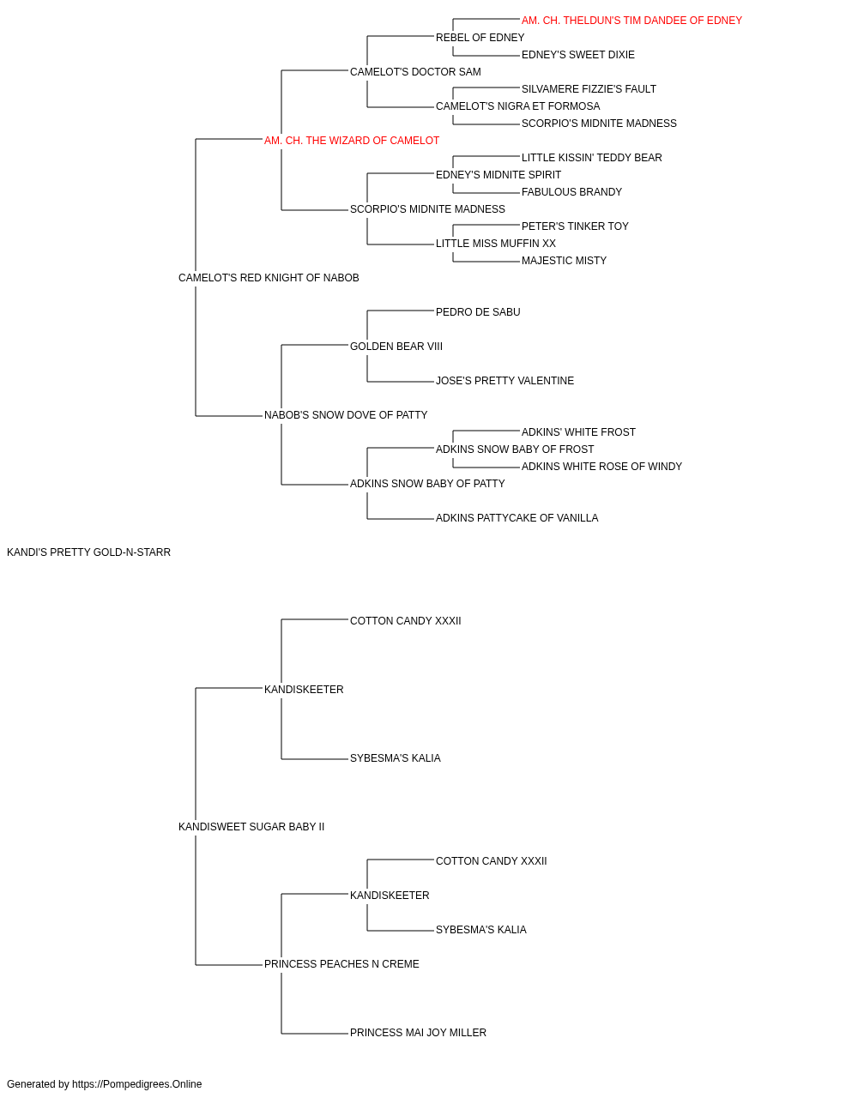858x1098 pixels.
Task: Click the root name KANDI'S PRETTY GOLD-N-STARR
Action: (89, 552)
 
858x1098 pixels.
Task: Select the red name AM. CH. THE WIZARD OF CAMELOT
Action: (352, 141)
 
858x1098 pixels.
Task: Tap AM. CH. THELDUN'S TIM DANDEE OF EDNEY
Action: (631, 21)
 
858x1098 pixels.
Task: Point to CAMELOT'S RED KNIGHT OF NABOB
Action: (269, 278)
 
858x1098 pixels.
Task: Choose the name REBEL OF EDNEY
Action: (480, 38)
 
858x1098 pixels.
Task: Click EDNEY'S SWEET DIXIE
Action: (578, 55)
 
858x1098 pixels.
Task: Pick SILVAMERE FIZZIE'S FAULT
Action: (589, 89)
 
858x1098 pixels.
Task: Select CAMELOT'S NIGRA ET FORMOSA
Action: (518, 106)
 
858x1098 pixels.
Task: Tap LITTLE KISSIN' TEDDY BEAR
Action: (592, 158)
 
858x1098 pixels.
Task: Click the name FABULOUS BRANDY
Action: (571, 192)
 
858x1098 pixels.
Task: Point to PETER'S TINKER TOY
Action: (575, 226)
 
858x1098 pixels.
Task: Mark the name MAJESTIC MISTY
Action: (564, 261)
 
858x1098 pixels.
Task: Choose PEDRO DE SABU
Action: (478, 312)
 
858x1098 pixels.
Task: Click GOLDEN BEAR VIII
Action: (396, 347)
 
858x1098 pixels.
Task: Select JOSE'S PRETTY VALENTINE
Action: (505, 381)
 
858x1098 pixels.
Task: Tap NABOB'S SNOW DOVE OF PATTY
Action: (346, 415)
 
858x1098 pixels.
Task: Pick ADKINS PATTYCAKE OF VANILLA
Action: (517, 518)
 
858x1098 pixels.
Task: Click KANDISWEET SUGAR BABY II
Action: (251, 827)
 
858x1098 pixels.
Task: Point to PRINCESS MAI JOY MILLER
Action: (418, 1033)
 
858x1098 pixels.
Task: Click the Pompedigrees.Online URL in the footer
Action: (137, 1084)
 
